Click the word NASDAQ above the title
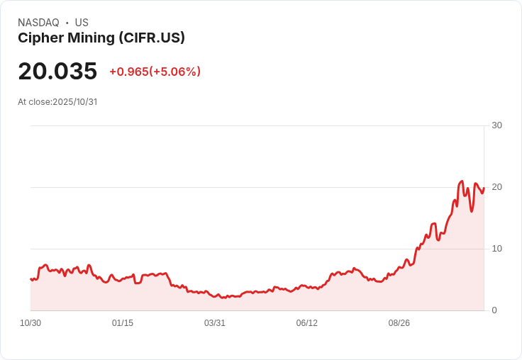[38, 23]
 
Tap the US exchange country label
[82, 23]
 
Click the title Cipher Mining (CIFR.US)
[101, 38]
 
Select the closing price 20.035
[57, 72]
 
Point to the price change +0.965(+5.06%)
[155, 72]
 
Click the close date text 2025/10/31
[74, 102]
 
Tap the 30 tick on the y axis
[496, 125]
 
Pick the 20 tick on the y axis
[496, 187]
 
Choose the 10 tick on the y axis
[496, 249]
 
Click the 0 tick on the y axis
[494, 310]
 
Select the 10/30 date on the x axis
[30, 323]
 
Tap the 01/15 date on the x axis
[123, 323]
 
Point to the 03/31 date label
[215, 323]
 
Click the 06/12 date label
[307, 323]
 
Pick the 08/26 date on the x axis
[399, 323]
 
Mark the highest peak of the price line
[462, 181]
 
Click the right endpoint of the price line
[484, 188]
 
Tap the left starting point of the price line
[30, 279]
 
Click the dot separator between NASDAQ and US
[67, 23]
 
